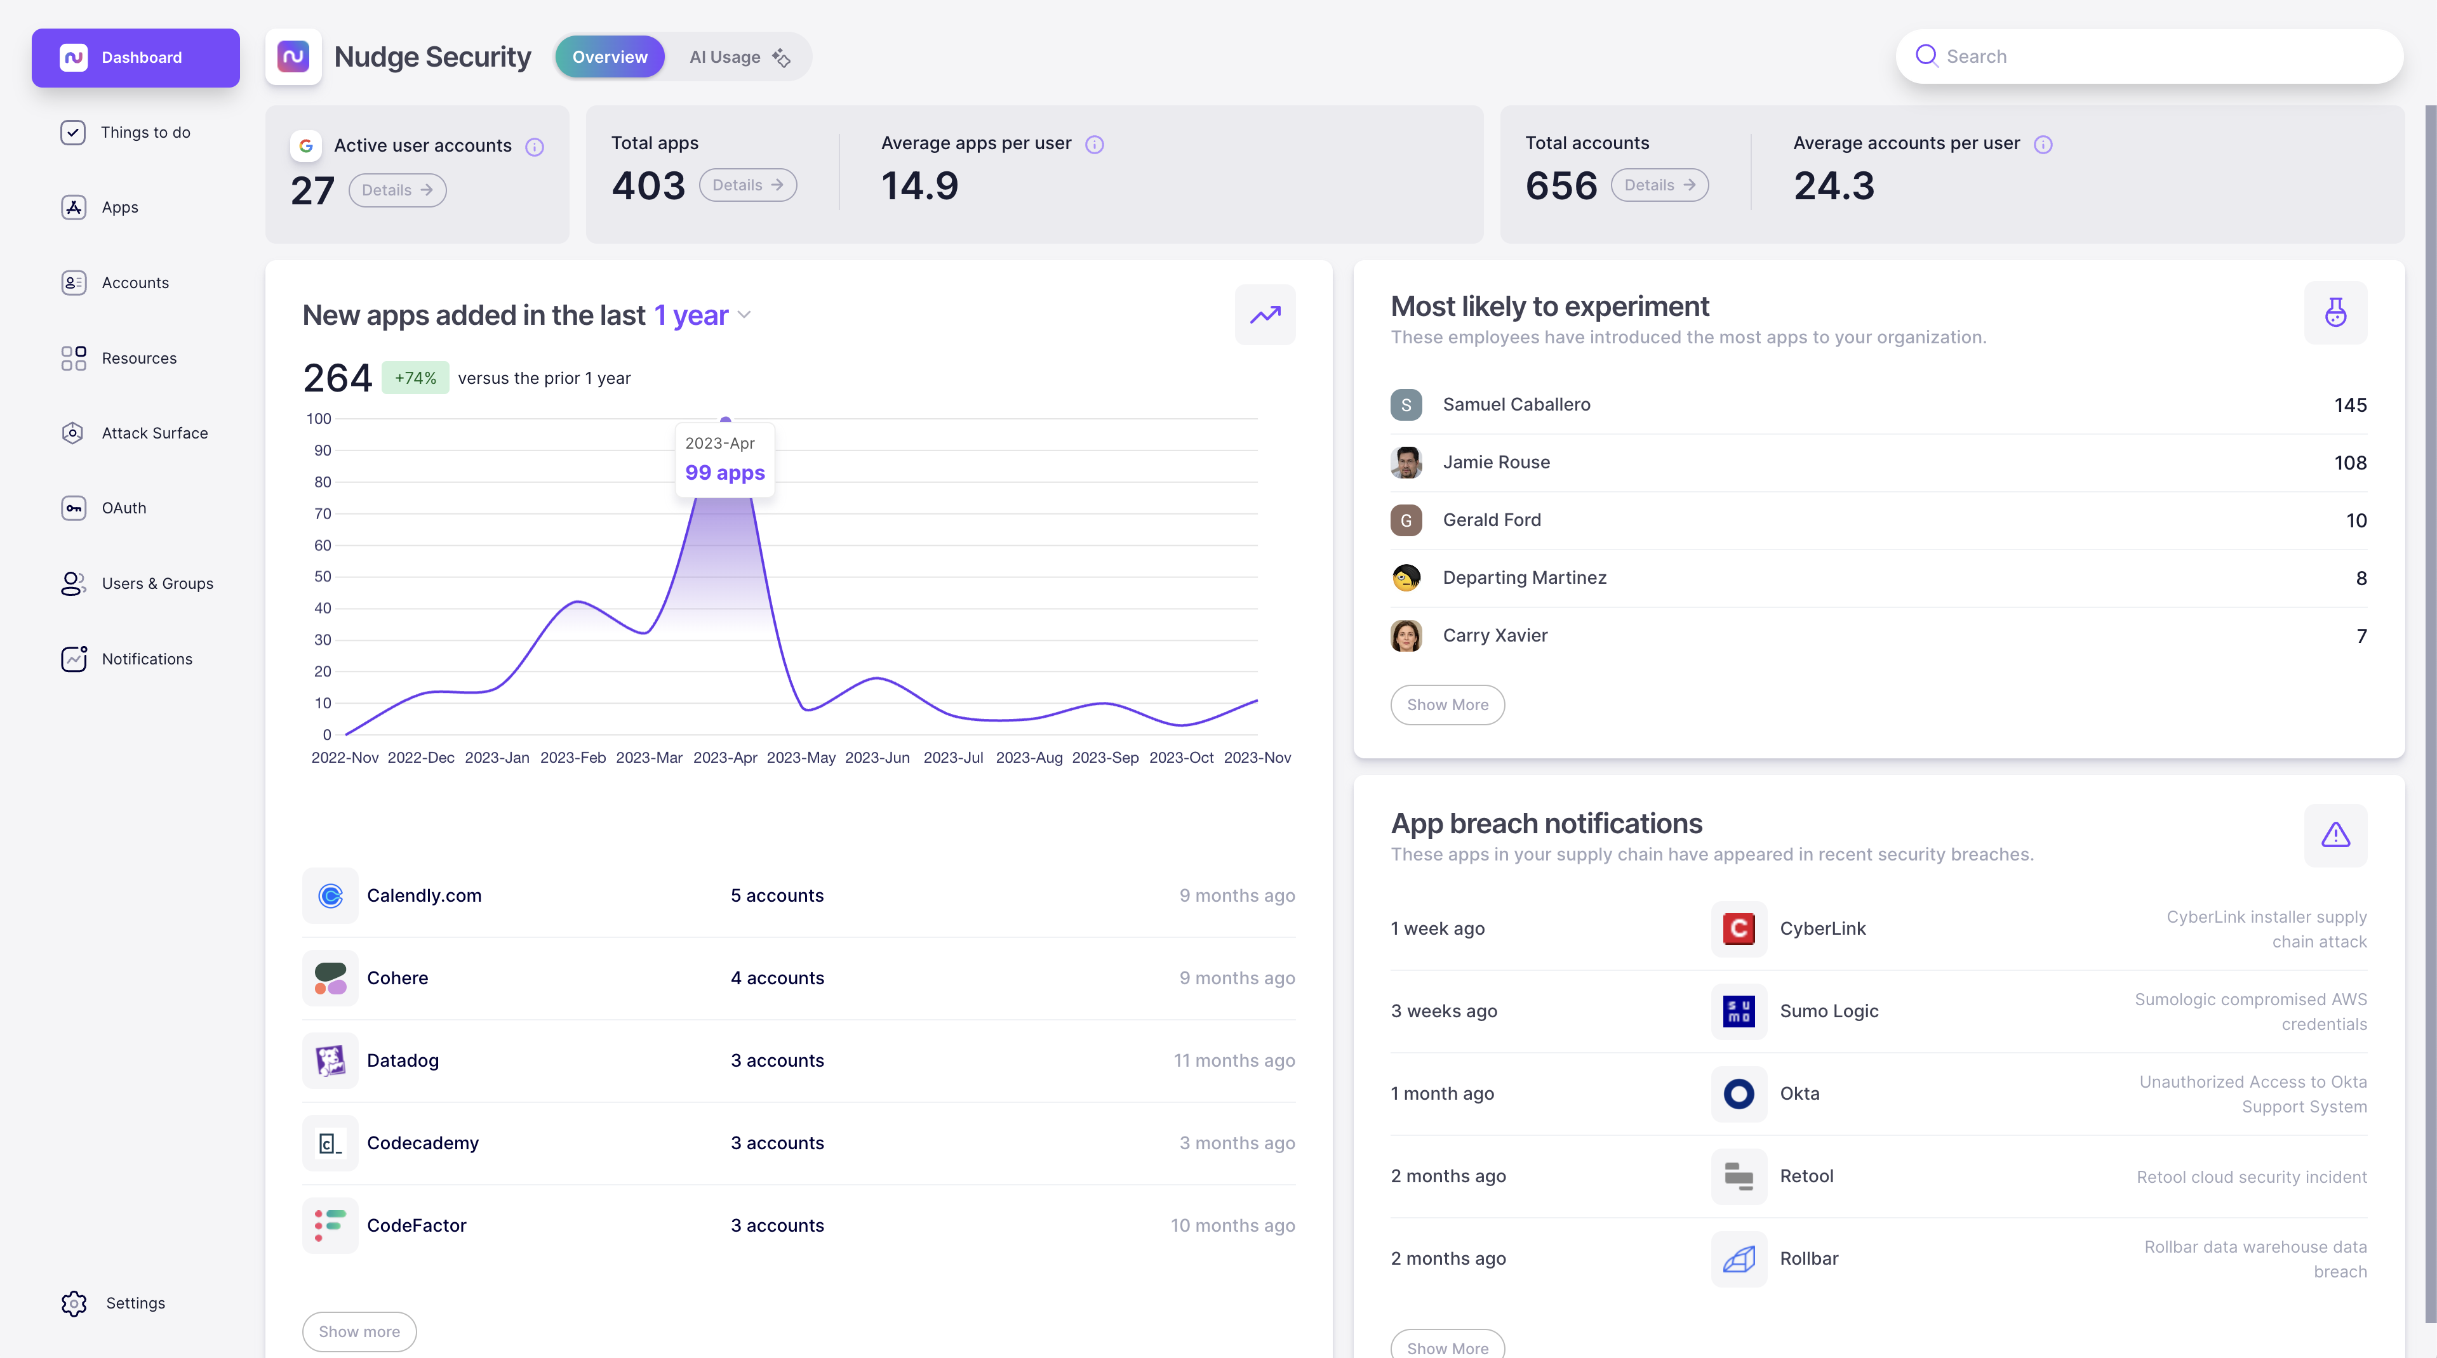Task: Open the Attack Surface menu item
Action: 154,433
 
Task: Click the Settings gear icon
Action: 74,1303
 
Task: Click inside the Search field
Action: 2157,56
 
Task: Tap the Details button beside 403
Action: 747,185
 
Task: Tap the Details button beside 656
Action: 1659,185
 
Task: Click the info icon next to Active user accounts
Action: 535,147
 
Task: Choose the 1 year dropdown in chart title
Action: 702,315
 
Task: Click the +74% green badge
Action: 415,378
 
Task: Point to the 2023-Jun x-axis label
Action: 877,758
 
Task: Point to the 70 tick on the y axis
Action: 323,513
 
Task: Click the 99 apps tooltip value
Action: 724,473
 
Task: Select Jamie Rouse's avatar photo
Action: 1406,463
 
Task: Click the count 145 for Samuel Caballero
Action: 2350,405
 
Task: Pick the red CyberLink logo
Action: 1739,928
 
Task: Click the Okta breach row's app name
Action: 1799,1094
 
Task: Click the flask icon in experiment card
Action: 2335,313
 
